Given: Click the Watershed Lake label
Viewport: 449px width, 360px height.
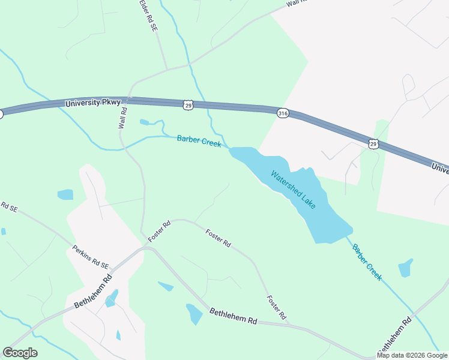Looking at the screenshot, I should [x=293, y=190].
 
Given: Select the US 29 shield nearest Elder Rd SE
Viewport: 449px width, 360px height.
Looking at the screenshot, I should [x=188, y=105].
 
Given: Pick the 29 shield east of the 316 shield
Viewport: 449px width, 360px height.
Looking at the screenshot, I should [x=373, y=144].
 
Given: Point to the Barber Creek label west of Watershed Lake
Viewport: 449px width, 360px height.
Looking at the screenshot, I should [x=199, y=142].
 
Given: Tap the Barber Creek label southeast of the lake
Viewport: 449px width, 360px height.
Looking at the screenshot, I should [x=367, y=262].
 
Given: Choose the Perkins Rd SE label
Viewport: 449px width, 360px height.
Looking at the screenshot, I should [x=91, y=257].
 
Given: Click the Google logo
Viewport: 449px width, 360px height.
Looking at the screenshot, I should [x=20, y=353].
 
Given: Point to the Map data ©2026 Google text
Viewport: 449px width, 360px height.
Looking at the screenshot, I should [x=413, y=355].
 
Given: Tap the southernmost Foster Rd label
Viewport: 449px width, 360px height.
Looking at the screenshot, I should [x=276, y=307].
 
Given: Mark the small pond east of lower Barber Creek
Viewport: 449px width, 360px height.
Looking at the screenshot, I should [x=406, y=268].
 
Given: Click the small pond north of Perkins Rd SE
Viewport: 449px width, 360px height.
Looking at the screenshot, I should [x=65, y=194].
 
